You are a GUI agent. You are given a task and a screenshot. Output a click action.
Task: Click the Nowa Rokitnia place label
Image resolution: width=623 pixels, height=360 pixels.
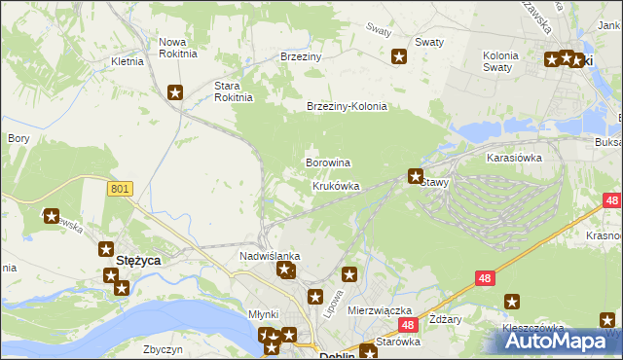click(178, 48)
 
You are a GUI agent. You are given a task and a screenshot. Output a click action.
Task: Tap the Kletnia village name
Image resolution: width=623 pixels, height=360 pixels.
click(128, 61)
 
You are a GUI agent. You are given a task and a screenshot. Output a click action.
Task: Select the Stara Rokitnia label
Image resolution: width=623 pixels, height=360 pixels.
click(234, 91)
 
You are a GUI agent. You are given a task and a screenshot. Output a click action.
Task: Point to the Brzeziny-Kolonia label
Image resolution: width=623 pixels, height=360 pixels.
click(347, 107)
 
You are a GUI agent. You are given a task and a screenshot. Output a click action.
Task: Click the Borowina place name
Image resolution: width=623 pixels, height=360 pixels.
click(328, 162)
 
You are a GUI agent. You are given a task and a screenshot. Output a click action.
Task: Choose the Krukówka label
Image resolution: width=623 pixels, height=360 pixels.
click(336, 186)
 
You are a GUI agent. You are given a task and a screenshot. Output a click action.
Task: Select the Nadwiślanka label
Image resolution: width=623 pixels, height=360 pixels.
click(270, 256)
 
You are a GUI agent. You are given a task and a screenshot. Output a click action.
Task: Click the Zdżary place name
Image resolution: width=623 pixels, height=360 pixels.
click(444, 321)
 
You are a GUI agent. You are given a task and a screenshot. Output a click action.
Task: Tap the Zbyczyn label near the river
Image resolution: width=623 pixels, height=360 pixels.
click(163, 348)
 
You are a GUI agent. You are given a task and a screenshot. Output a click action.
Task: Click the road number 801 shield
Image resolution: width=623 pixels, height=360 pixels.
click(120, 189)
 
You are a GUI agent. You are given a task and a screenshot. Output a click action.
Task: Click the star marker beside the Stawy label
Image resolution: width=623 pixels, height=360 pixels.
click(416, 177)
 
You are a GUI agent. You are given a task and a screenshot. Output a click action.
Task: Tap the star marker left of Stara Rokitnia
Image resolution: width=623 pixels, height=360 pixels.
click(175, 93)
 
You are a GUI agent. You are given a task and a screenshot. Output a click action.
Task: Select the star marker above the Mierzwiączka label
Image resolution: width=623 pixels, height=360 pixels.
click(349, 275)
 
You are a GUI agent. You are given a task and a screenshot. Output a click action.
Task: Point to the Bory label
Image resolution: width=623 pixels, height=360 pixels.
click(18, 139)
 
